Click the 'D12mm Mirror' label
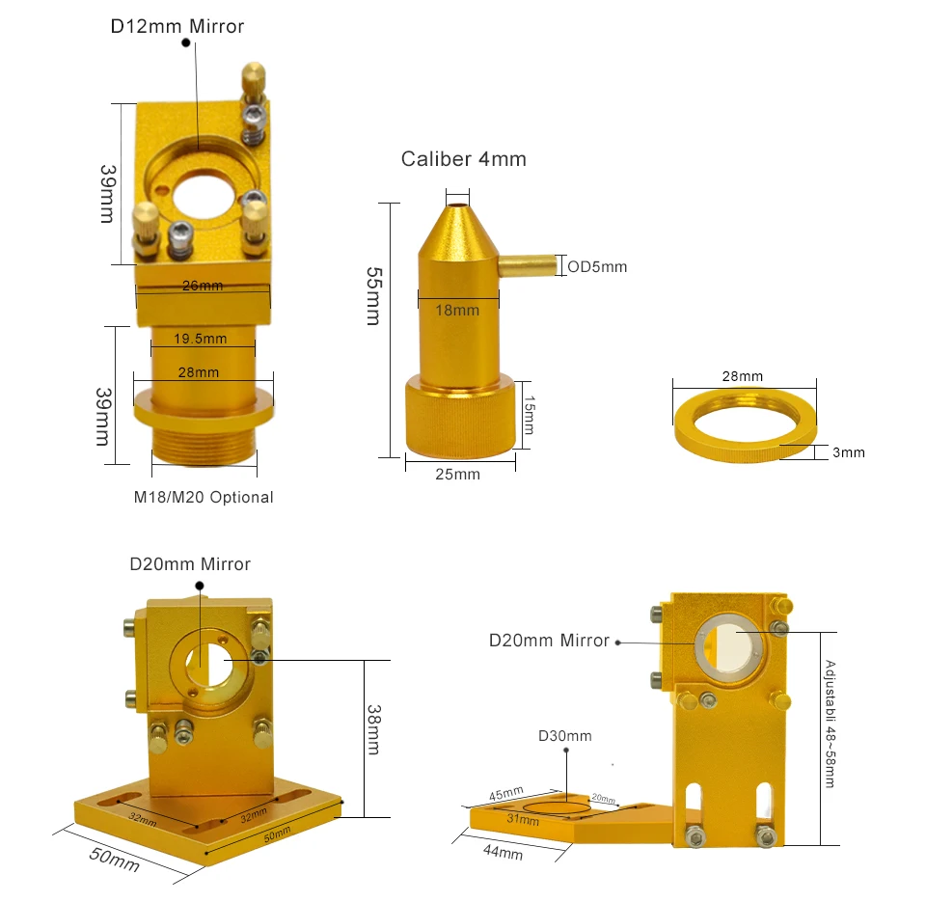point(177,27)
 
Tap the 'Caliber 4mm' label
point(464,159)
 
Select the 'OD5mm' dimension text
point(597,267)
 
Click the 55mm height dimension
point(374,296)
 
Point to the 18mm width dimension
point(457,310)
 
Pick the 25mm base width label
point(457,475)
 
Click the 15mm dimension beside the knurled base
point(530,415)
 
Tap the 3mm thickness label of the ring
point(849,452)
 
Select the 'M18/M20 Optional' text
point(204,498)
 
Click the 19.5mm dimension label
point(201,339)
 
